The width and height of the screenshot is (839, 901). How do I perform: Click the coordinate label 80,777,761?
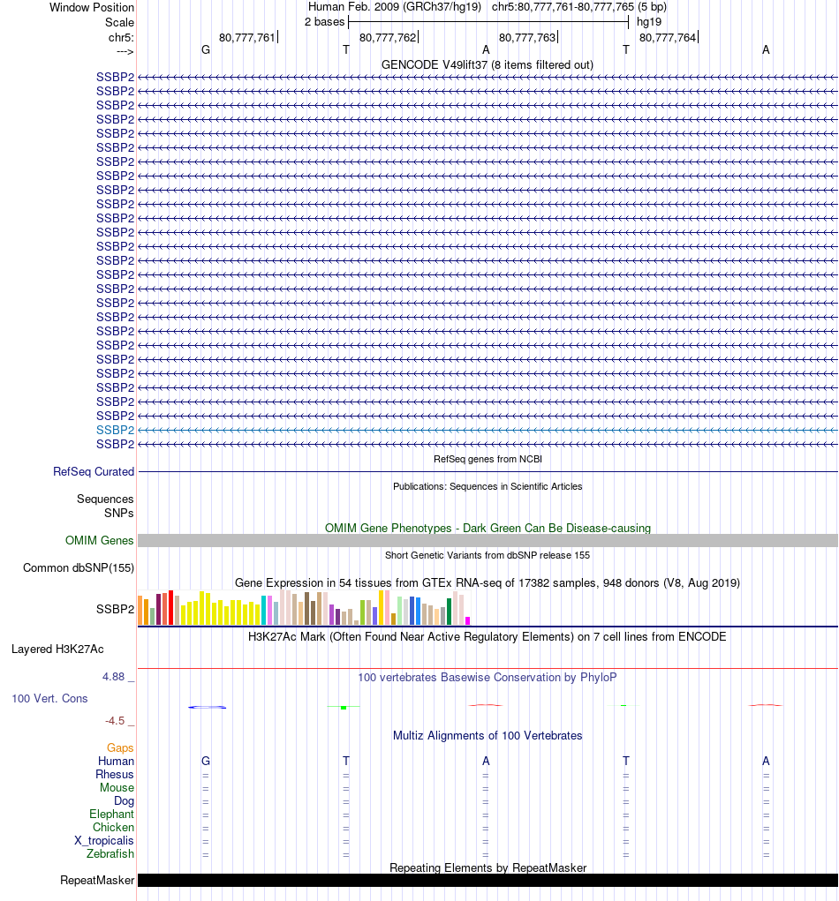[x=246, y=37]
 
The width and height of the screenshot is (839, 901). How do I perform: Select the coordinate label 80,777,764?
[x=667, y=37]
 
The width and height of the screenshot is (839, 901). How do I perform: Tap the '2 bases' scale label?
[x=324, y=21]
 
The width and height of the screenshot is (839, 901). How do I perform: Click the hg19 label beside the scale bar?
[x=649, y=21]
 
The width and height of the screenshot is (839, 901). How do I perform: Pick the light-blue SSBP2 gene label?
[x=115, y=430]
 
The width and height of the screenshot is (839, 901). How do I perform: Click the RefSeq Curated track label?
[x=94, y=472]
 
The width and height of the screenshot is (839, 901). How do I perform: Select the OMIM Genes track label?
[x=100, y=541]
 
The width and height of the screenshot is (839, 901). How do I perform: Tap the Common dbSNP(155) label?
[x=79, y=568]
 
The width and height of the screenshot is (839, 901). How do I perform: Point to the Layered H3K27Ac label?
[x=57, y=649]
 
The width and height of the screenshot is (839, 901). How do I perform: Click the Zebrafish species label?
[x=110, y=854]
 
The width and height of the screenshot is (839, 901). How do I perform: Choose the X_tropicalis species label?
[x=104, y=841]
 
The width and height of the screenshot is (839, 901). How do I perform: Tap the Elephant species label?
[x=111, y=815]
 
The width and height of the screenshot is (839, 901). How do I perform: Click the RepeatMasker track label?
[x=97, y=881]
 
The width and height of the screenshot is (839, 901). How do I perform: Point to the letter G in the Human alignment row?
[x=206, y=762]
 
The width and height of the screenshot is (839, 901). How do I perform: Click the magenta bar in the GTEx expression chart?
[x=468, y=620]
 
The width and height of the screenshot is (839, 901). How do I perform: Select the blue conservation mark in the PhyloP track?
[x=208, y=707]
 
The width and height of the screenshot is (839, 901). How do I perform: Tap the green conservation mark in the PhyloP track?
[x=344, y=707]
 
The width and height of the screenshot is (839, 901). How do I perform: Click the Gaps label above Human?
[x=121, y=748]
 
